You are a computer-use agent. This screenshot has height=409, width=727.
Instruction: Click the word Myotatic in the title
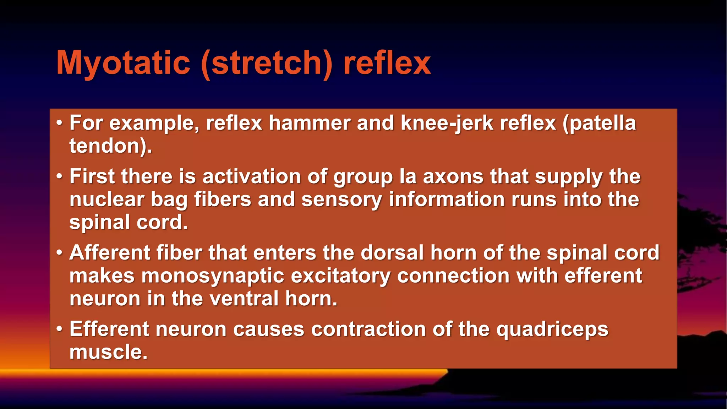(x=123, y=63)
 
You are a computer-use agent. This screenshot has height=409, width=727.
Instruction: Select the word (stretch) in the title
(x=267, y=63)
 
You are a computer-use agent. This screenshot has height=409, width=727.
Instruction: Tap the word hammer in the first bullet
(x=310, y=123)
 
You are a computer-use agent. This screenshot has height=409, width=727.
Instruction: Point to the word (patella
(x=599, y=123)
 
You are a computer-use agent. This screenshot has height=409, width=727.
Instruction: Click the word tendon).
(x=110, y=146)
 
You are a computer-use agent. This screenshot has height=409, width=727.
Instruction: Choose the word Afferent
(x=110, y=253)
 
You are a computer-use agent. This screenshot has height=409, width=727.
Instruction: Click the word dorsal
(x=392, y=253)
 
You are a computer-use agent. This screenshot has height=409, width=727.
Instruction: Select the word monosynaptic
(x=213, y=276)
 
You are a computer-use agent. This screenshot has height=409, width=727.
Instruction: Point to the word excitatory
(x=340, y=276)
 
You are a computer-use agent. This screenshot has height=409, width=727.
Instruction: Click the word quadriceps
(x=552, y=329)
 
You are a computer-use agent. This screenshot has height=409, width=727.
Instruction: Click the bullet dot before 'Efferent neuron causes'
(x=59, y=329)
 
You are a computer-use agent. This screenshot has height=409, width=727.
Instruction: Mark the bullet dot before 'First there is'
(x=59, y=176)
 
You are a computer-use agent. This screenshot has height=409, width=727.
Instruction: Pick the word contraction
(x=368, y=329)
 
